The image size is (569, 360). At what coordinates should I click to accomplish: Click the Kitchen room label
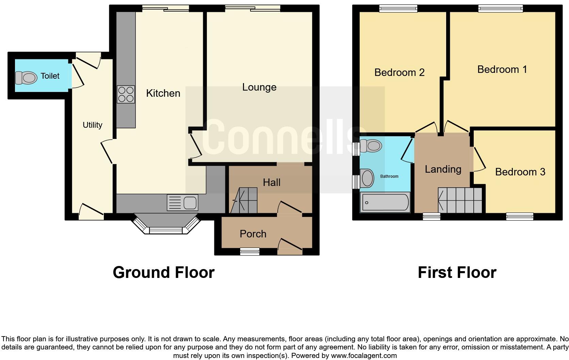(163, 93)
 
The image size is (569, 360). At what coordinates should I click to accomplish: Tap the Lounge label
(259, 87)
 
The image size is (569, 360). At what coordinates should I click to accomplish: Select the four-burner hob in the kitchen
(126, 94)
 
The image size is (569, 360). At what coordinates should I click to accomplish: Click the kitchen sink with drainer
(182, 203)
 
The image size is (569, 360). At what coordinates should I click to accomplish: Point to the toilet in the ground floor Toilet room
(27, 78)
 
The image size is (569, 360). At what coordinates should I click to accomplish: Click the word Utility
(92, 125)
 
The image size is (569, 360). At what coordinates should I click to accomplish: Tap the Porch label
(253, 234)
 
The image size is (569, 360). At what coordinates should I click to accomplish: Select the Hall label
(272, 183)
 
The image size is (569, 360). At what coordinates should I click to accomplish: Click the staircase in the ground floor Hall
(244, 201)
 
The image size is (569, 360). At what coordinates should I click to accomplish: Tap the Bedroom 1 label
(502, 69)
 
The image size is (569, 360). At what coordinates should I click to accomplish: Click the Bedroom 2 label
(399, 73)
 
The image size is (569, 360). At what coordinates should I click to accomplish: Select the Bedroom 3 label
(520, 172)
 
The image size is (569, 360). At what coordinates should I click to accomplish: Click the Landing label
(443, 169)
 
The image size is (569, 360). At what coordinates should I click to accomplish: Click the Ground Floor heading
(163, 272)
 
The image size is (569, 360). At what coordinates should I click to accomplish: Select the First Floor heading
(457, 272)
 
